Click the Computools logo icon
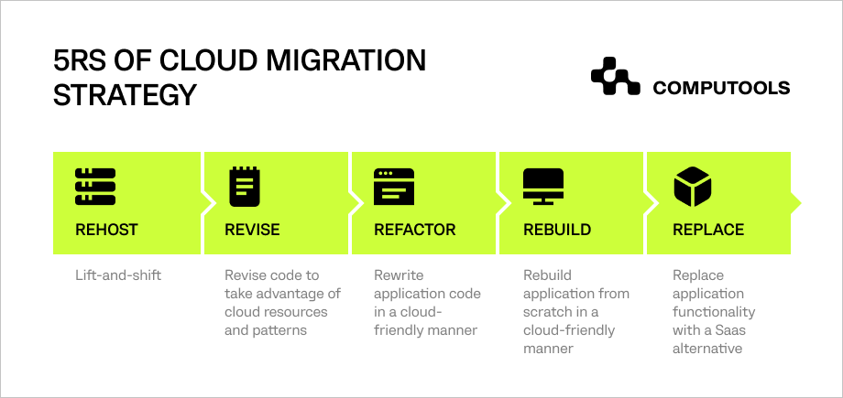click(x=615, y=78)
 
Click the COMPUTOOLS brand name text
click(x=720, y=88)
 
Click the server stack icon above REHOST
click(x=95, y=186)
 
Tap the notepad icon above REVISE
click(x=242, y=186)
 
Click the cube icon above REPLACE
click(x=692, y=186)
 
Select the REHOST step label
click(x=106, y=230)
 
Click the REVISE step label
click(x=252, y=230)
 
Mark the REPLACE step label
click(x=708, y=230)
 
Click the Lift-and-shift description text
click(x=118, y=274)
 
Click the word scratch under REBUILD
click(x=549, y=311)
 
